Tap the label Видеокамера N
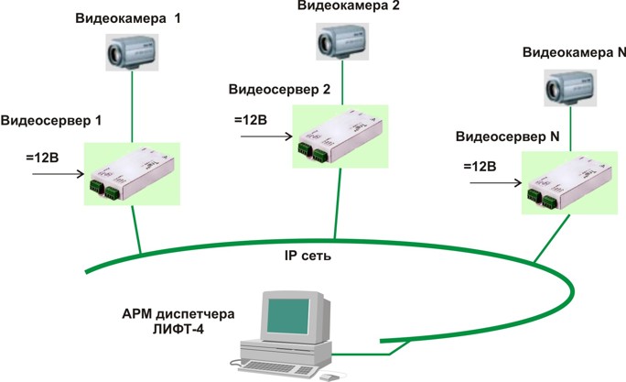574,53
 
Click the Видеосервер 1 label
53,121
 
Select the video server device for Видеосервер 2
338,136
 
